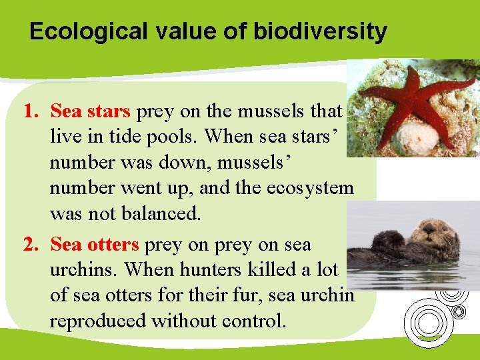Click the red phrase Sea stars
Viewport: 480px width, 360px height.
pos(91,111)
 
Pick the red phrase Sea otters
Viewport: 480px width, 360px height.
pos(95,245)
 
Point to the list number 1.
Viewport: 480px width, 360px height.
pos(30,111)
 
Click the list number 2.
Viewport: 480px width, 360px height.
pos(30,245)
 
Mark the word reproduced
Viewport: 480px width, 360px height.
pos(98,321)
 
